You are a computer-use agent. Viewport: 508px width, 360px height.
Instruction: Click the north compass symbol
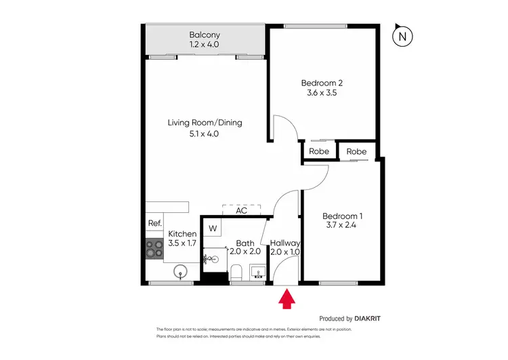[403, 37]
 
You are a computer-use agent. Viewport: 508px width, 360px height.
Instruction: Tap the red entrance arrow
[287, 299]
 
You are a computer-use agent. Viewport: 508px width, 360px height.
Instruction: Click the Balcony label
[205, 35]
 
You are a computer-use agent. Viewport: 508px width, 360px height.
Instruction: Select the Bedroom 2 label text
[322, 83]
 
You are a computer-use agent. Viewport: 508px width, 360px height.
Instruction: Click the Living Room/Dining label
[205, 123]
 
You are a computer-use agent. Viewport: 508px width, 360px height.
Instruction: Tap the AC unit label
[241, 211]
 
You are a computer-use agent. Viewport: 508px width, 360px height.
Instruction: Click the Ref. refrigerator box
[154, 224]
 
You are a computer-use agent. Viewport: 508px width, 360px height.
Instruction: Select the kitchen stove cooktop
[154, 250]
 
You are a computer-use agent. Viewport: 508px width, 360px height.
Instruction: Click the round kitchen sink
[180, 273]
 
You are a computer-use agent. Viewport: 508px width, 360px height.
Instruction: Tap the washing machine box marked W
[213, 228]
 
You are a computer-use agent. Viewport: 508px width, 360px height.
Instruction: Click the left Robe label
[319, 152]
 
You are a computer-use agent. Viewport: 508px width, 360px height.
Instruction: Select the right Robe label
[356, 152]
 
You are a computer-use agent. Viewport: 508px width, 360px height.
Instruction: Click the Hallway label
[285, 243]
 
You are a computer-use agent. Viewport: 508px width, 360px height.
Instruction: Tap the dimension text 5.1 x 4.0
[205, 134]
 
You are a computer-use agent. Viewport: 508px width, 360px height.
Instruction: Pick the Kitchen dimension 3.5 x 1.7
[182, 243]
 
